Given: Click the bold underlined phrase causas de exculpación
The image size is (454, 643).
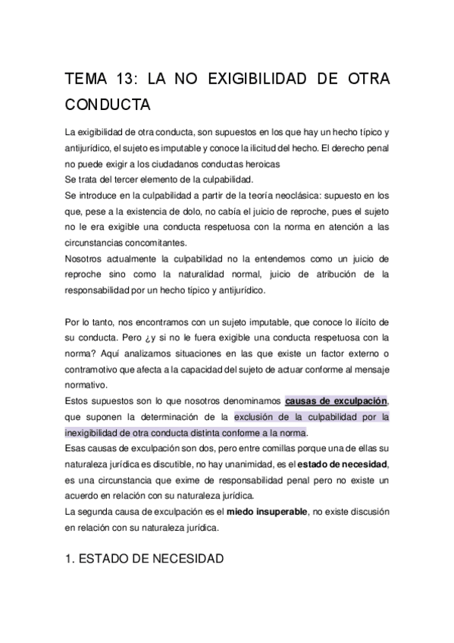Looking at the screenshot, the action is [336, 400].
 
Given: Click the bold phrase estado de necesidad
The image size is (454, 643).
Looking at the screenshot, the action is [343, 463].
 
